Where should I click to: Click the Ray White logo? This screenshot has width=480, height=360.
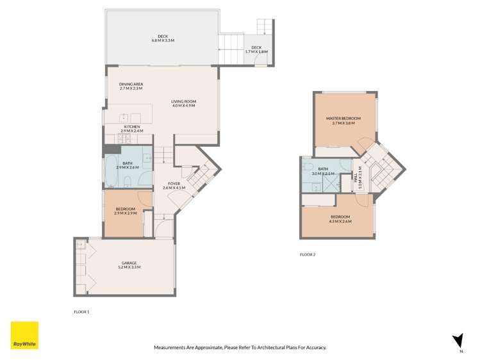pos(24,336)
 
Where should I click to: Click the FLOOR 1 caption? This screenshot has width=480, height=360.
pos(81,311)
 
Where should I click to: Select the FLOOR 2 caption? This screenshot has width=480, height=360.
pos(308,254)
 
